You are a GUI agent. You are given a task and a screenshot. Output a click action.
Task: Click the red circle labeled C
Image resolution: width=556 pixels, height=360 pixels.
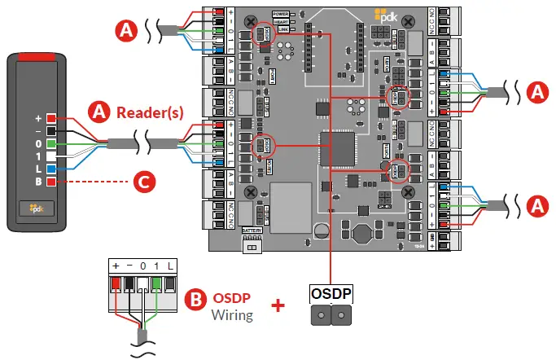143,181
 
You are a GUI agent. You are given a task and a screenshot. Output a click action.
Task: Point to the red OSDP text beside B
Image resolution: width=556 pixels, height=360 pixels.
234,297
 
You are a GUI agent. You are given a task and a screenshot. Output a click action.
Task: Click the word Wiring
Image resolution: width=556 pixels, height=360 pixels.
233,314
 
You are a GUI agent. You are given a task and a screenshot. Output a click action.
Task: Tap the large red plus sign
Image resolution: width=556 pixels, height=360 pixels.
278,305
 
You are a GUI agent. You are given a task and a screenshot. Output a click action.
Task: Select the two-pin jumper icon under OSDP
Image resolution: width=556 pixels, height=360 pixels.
331,314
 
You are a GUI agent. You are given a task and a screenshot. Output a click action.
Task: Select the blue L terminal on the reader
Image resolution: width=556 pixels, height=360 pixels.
50,167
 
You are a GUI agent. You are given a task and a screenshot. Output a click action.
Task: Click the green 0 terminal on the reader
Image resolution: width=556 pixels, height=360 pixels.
50,143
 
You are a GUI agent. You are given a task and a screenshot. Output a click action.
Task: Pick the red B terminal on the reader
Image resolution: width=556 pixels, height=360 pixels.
50,180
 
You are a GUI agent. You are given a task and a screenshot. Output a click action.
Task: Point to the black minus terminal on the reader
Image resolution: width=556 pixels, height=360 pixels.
50,130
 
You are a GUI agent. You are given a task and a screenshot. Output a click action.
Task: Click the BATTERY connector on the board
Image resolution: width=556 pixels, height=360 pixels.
252,242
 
